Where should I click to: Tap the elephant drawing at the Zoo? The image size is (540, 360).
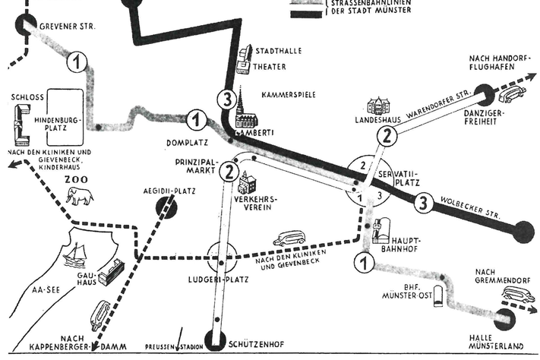click(x=80, y=197)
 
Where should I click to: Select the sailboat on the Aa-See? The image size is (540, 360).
click(x=76, y=255)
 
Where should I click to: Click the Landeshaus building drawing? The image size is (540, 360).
click(x=377, y=106)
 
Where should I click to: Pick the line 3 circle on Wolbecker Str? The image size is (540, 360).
click(x=424, y=203)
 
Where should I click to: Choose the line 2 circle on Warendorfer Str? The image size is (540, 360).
click(x=387, y=137)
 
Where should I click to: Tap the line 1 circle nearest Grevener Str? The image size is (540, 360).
click(x=77, y=62)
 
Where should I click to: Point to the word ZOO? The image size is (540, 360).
click(x=77, y=179)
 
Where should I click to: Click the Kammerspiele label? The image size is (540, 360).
click(x=288, y=95)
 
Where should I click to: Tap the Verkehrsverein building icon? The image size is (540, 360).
click(x=248, y=183)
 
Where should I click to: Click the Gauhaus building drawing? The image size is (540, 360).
click(x=111, y=271)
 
